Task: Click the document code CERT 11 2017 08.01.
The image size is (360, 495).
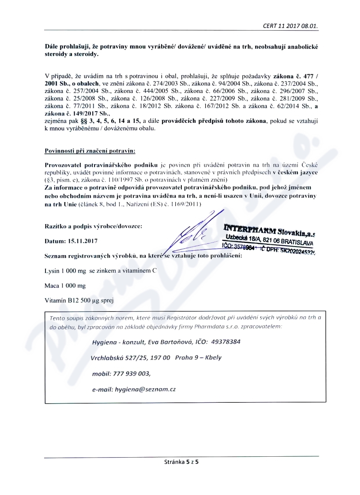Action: pos(291,26)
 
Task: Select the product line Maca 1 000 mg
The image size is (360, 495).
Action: pos(65,286)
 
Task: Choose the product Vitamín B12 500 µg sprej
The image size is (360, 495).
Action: pos(79,300)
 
